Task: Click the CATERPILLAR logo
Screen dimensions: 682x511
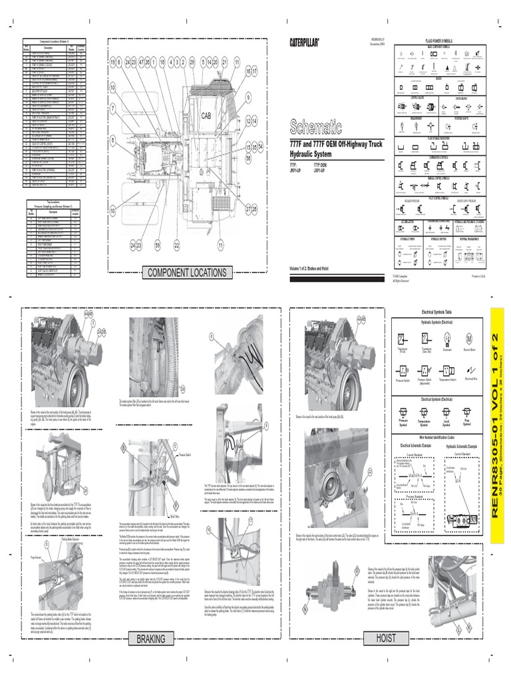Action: (x=304, y=43)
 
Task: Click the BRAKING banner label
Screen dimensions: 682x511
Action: (x=150, y=638)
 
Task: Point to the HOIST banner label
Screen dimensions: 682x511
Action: (x=386, y=638)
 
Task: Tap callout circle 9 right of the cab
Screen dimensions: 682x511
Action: (x=249, y=97)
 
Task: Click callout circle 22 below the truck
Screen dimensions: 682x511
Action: (x=177, y=246)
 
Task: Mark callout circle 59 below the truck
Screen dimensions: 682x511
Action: (x=158, y=246)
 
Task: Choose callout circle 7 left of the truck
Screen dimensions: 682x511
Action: (x=113, y=107)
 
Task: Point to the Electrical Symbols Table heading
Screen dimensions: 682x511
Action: (x=436, y=312)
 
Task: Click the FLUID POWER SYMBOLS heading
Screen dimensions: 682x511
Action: (x=438, y=41)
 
